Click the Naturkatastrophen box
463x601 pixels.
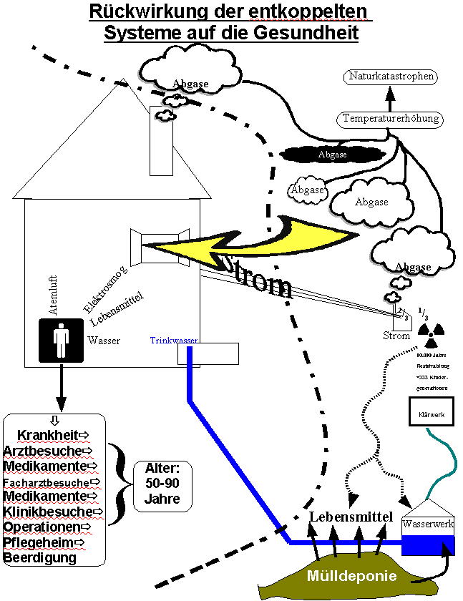pos(391,76)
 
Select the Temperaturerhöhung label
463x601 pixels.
pos(391,118)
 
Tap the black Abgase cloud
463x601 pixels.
pos(332,154)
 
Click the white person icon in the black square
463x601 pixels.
pos(61,340)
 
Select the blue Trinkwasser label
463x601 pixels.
pos(174,341)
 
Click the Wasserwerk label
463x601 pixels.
pos(428,524)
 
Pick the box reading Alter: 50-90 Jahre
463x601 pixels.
pos(162,485)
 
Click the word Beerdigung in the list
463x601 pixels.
pos(40,557)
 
